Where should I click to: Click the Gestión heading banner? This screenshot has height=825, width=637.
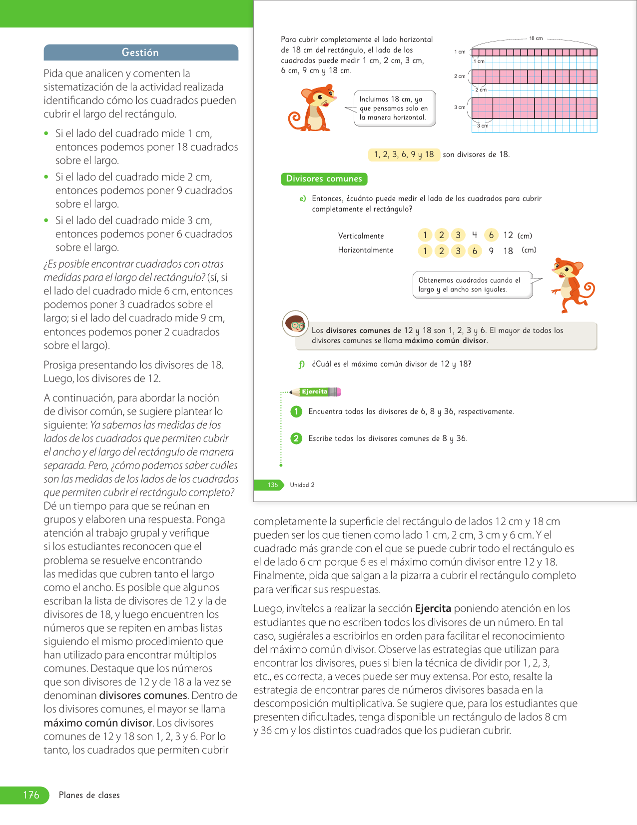[x=140, y=52]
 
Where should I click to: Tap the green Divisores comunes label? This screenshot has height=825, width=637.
[x=324, y=179]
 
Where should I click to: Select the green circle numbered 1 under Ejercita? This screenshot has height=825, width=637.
[x=296, y=411]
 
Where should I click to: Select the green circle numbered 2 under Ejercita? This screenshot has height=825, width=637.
[x=296, y=438]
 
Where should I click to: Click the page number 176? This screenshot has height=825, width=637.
[x=31, y=795]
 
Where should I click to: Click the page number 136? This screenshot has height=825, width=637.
[x=273, y=485]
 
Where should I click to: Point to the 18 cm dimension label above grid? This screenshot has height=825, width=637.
[x=536, y=38]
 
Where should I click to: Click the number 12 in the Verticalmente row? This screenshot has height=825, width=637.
[x=508, y=235]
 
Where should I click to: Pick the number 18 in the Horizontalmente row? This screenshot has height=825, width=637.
[x=508, y=251]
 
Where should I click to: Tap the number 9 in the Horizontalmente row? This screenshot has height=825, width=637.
[x=491, y=251]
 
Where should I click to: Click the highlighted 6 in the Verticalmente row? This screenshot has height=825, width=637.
[x=491, y=235]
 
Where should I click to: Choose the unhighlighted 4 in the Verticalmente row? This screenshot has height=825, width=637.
[x=475, y=235]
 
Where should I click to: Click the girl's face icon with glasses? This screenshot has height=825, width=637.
[x=295, y=324]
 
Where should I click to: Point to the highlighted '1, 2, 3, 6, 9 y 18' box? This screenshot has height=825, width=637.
[x=404, y=154]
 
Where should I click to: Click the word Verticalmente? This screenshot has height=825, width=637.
[x=361, y=236]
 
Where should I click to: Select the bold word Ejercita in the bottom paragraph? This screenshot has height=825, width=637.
[x=433, y=608]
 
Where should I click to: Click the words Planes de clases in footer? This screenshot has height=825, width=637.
[x=89, y=795]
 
